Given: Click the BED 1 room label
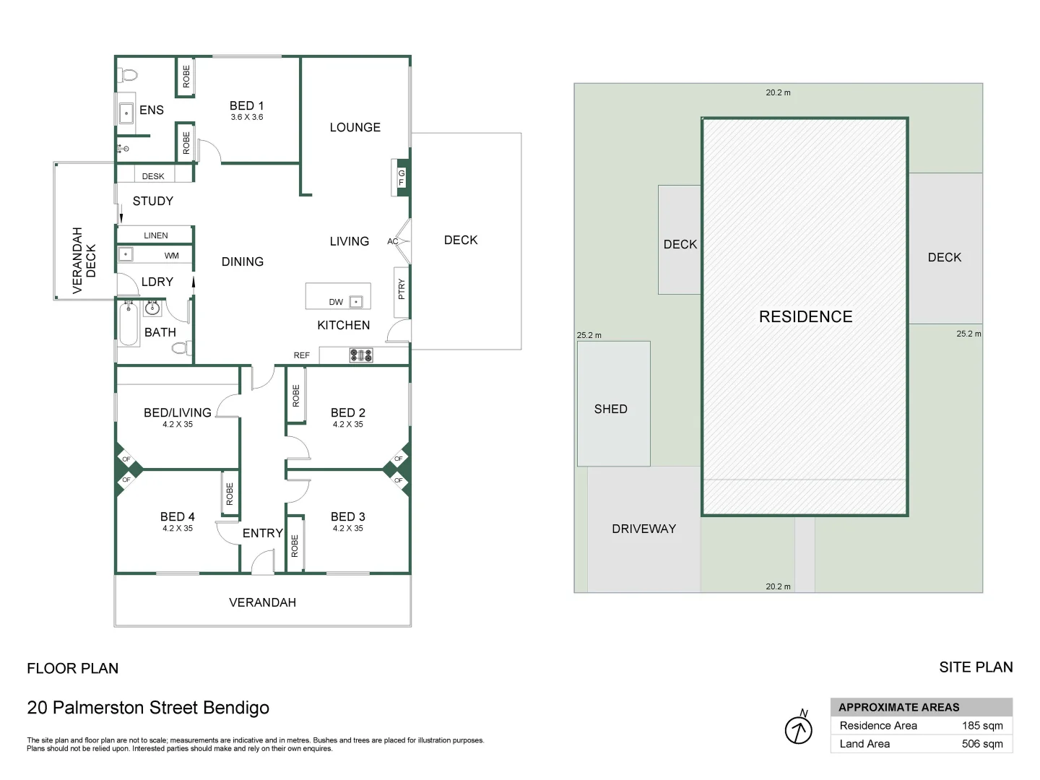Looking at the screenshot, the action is (x=246, y=105).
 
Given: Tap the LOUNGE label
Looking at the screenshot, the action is (x=355, y=127).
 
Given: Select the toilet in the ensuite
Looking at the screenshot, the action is (x=129, y=74).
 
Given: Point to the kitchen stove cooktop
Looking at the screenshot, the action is (x=361, y=355).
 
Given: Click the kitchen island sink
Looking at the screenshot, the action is (x=355, y=302).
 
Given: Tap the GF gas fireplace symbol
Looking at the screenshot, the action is (x=402, y=177).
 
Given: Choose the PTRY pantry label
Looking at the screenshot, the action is (x=402, y=289).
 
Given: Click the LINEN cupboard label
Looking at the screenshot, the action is (x=156, y=235).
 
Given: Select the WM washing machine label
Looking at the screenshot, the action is (x=171, y=256).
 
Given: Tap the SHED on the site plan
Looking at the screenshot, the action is (x=611, y=409).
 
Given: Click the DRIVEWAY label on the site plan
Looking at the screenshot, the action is (x=643, y=529).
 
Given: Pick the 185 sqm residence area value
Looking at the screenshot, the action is (x=982, y=726).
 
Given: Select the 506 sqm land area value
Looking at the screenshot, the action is (x=982, y=744).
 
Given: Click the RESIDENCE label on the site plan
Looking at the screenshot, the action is (x=805, y=316).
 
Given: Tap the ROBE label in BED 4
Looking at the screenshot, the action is (x=230, y=493).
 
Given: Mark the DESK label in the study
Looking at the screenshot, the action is (x=153, y=176).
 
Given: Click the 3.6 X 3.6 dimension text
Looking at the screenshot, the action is (x=247, y=117).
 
